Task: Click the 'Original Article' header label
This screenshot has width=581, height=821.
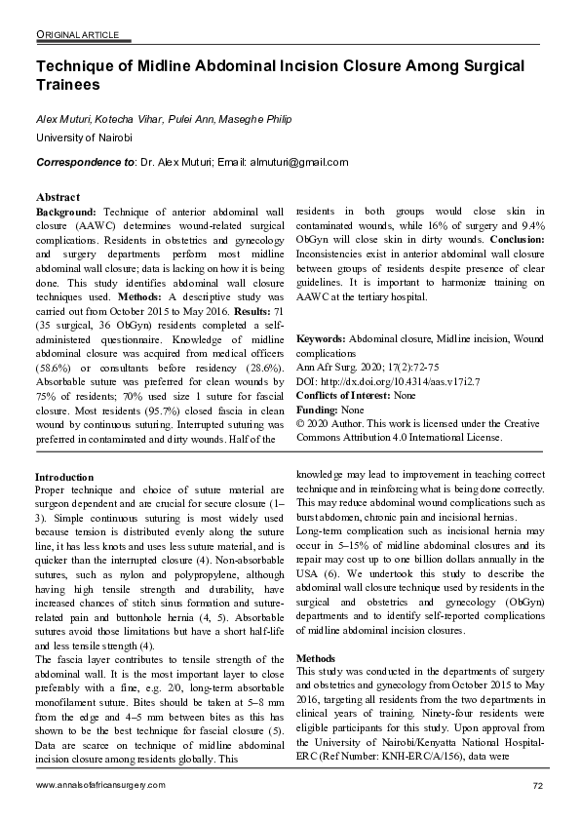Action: coord(77,35)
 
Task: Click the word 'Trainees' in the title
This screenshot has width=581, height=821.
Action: coord(67,85)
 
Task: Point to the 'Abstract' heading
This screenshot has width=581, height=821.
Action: coord(58,196)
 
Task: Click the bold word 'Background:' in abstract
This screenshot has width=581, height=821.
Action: coord(66,211)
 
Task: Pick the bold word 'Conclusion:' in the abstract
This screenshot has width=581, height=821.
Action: coord(523,239)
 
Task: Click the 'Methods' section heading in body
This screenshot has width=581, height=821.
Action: coord(315,658)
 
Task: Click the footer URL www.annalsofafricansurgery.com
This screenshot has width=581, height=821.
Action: coord(100,786)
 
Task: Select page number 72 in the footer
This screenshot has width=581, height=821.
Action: coord(538,786)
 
